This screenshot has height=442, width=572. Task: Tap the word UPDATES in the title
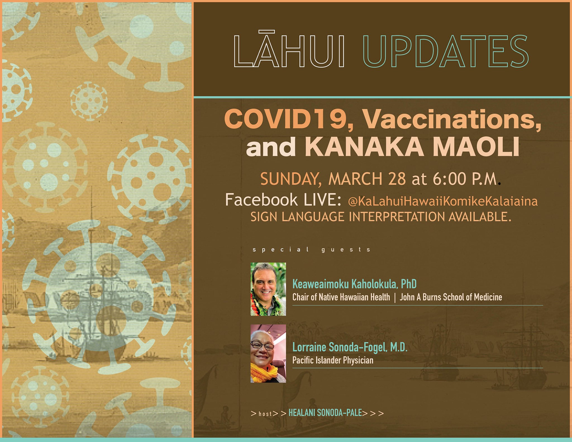click(445, 51)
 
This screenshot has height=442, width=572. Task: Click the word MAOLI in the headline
click(476, 146)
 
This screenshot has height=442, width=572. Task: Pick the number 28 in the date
click(397, 179)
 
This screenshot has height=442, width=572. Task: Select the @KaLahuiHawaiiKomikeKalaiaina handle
click(443, 201)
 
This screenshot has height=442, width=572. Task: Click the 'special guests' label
click(311, 249)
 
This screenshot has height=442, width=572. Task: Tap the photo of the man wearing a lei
click(268, 289)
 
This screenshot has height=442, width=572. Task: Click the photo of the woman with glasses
click(268, 353)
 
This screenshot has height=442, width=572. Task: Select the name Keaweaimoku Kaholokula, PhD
click(354, 284)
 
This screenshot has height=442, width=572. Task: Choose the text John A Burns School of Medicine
click(451, 297)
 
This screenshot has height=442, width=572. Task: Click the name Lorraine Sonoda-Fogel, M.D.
click(350, 347)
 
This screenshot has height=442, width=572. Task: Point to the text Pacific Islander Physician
click(333, 360)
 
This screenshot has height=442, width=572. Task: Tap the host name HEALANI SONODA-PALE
click(325, 413)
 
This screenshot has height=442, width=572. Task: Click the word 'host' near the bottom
click(265, 414)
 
